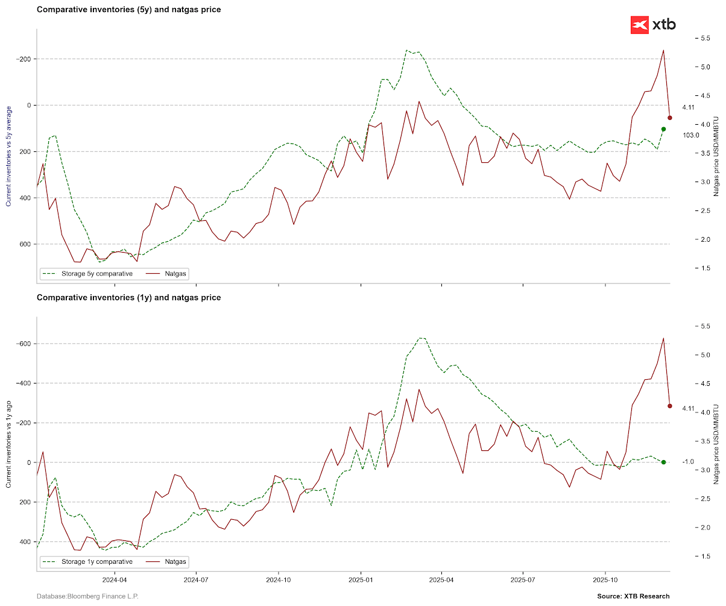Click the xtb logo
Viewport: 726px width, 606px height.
pos(653,25)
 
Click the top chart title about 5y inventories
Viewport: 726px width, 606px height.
pos(128,10)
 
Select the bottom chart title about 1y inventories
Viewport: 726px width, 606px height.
pos(128,297)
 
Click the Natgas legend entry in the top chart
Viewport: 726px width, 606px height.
pos(175,274)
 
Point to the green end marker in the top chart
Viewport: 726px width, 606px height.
pos(663,129)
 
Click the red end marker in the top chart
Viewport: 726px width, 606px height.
pos(669,118)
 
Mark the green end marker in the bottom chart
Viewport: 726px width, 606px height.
pos(663,462)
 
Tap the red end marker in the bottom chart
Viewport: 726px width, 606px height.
pos(669,406)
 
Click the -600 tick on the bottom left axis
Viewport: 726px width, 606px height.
pos(24,344)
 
